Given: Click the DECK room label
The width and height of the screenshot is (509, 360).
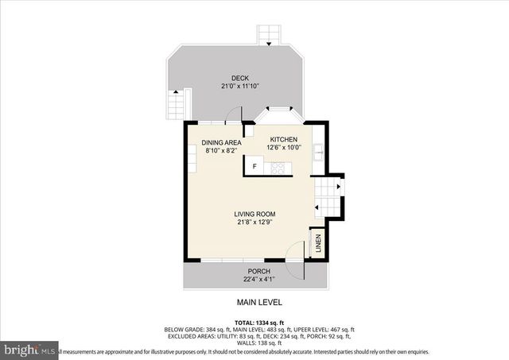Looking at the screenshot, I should (x=240, y=78).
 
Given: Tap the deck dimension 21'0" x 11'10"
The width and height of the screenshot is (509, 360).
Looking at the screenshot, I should (x=240, y=86).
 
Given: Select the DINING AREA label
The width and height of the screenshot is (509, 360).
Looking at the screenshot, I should (x=221, y=143).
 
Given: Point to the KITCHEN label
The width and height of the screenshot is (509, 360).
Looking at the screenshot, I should (x=283, y=139).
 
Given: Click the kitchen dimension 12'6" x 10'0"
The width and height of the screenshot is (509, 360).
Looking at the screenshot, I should (x=283, y=147).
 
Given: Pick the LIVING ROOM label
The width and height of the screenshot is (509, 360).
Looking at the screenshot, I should (x=254, y=215).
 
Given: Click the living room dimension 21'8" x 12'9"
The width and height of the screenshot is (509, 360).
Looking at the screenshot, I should (x=254, y=223).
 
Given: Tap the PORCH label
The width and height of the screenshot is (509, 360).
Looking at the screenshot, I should (x=255, y=271).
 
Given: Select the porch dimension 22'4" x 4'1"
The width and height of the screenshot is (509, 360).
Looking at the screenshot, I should (x=255, y=279).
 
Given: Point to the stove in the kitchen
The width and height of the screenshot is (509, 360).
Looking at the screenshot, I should (x=278, y=167).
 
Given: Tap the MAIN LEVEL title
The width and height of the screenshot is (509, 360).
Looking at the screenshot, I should (x=259, y=303).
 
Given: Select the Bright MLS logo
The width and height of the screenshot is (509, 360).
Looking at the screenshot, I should (x=29, y=349).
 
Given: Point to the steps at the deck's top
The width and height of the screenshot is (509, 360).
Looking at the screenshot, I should (x=269, y=35).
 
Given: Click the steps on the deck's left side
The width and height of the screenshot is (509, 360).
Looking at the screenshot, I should (x=177, y=103).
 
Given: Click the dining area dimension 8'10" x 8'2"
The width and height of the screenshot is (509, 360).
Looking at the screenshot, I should (x=221, y=151).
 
